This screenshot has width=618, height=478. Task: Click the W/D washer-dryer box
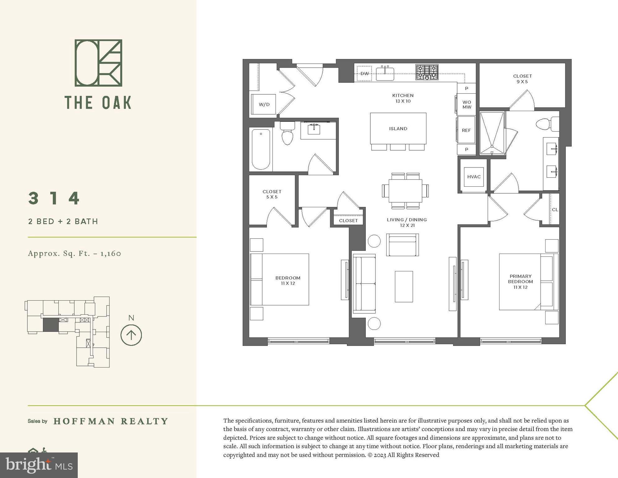coord(264,104)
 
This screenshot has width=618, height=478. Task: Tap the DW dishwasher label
coord(365,74)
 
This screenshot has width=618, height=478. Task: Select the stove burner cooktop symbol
coord(427,72)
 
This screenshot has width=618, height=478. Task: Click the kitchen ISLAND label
coord(398,129)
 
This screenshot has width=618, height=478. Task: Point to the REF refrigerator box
coord(466,130)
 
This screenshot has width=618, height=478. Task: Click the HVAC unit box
coord(474,177)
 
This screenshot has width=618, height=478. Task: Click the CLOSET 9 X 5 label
coord(522,79)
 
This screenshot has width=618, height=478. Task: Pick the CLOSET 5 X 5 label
coord(272,194)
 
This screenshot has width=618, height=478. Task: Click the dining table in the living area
coord(405,190)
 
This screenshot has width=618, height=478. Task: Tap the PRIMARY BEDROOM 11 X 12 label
coord(520,281)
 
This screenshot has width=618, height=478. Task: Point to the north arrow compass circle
coord(131,335)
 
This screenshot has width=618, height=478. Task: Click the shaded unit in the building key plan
coord(50,325)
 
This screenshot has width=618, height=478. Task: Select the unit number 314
coord(54,198)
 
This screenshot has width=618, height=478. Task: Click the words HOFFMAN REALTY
coord(111,421)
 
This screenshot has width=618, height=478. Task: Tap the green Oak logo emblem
coord(98,63)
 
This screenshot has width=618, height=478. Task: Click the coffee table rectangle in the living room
coord(404,286)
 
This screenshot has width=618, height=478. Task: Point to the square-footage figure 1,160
coord(110,253)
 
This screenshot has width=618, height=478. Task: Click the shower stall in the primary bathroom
coord(491,133)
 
